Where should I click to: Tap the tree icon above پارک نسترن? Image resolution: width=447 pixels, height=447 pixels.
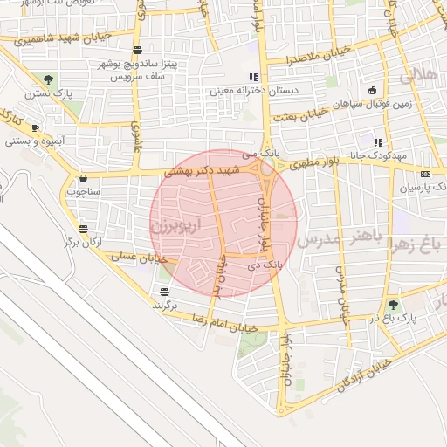(x=48, y=79)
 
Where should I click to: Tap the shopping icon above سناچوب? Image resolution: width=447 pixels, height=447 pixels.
(x=83, y=177)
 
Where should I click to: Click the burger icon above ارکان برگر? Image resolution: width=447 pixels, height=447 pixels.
(x=83, y=229)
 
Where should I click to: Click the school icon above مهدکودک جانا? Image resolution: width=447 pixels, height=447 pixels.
(x=378, y=142)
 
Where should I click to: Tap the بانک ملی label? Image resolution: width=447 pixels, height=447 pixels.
(x=265, y=152)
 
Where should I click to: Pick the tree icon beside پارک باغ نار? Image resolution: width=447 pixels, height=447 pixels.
(x=393, y=305)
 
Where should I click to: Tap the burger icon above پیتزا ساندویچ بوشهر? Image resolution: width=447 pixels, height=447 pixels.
(x=137, y=52)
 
